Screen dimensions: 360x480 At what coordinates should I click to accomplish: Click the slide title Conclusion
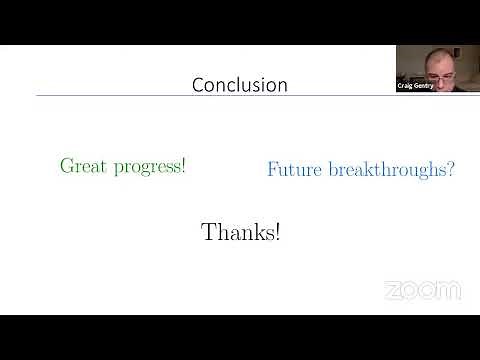240,85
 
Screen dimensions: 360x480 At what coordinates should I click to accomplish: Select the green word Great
81,166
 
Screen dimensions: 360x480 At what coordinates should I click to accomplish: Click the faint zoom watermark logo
422,291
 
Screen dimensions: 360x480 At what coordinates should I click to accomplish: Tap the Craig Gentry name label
416,87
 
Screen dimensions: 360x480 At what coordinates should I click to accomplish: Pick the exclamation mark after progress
183,166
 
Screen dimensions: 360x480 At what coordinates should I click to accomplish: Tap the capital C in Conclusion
198,85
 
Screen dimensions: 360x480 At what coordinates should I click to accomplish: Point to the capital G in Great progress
67,166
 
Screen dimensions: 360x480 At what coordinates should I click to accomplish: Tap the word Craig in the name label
406,87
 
